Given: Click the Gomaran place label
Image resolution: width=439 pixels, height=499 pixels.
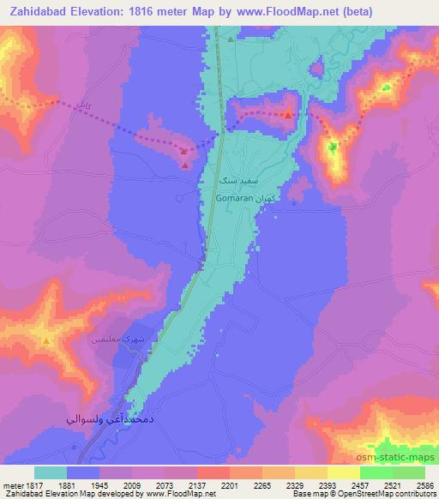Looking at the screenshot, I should (233, 197).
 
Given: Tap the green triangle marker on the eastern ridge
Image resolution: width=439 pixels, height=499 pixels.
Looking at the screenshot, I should (333, 147).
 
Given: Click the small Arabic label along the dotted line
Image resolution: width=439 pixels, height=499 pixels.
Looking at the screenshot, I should (83, 105).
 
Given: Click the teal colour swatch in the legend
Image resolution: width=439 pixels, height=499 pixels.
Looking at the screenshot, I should (51, 472).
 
